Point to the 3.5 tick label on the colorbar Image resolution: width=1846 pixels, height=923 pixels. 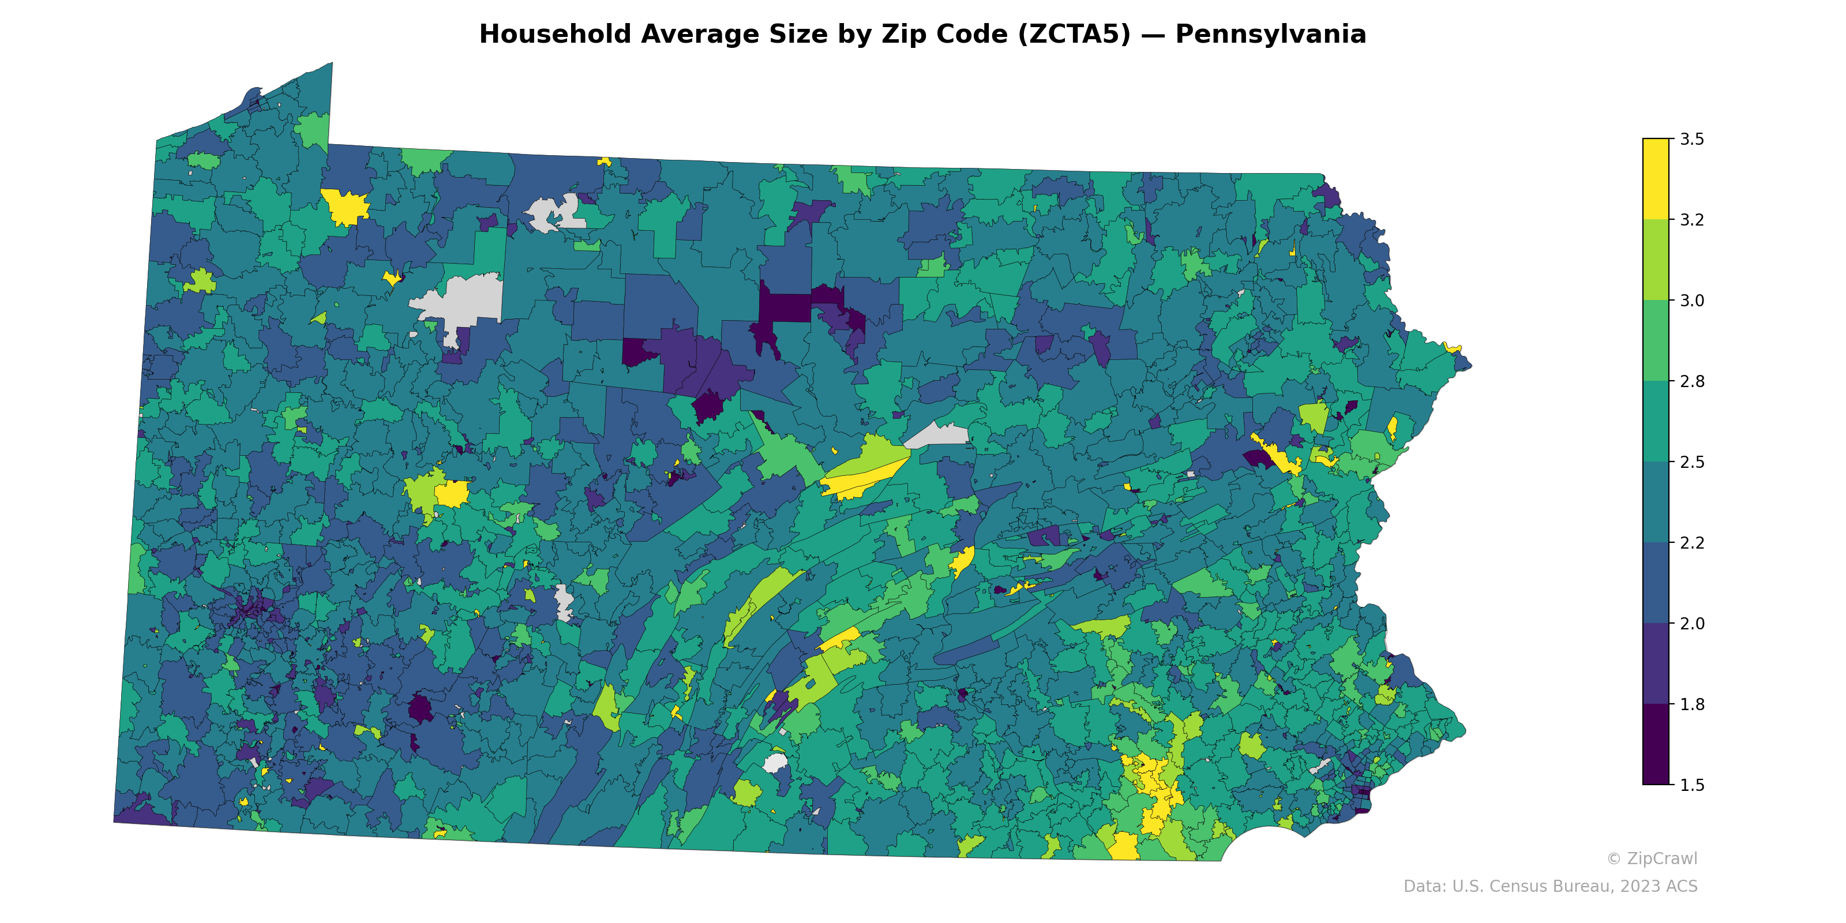coord(1691,139)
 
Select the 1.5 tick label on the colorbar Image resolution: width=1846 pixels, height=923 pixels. coord(1691,785)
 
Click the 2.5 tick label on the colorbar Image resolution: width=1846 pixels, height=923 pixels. coord(1691,461)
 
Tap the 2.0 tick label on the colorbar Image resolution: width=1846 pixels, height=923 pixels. coord(1691,624)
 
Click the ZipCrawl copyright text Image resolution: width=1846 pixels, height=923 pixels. coord(1651,858)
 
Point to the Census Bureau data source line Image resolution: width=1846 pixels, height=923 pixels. coord(1549,887)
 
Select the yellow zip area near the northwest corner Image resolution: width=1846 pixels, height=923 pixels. coord(346,207)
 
